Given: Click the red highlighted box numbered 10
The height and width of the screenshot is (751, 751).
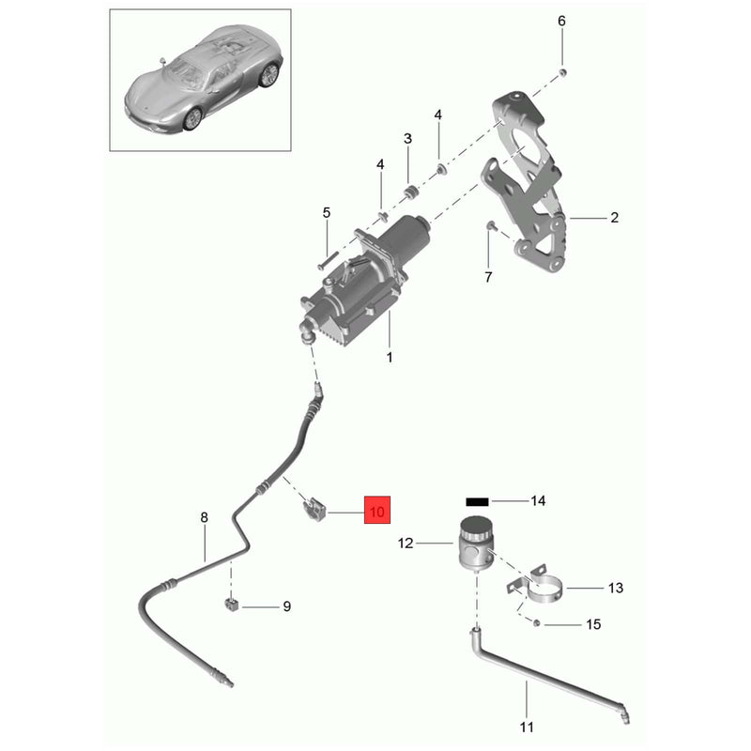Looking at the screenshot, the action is pyautogui.click(x=377, y=510).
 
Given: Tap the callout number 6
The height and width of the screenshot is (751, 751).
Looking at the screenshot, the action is pyautogui.click(x=561, y=21).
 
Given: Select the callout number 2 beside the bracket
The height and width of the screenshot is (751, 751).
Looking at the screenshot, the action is pyautogui.click(x=615, y=218).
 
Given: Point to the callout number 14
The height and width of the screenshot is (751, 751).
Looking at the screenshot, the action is pyautogui.click(x=538, y=501).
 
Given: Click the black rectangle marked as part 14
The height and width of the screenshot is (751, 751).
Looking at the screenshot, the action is pyautogui.click(x=477, y=501).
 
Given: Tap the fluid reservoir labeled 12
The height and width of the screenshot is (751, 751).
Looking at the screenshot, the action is pyautogui.click(x=473, y=543).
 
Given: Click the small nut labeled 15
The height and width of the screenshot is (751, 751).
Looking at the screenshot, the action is pyautogui.click(x=536, y=623).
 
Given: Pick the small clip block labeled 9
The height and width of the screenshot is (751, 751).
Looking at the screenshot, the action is pyautogui.click(x=231, y=605).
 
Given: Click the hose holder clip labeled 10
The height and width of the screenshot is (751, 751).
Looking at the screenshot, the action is pyautogui.click(x=314, y=509).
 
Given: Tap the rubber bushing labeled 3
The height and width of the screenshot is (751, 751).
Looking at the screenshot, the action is pyautogui.click(x=410, y=192).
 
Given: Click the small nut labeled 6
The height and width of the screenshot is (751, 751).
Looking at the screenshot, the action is pyautogui.click(x=563, y=72).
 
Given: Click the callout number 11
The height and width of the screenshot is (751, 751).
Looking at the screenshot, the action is pyautogui.click(x=527, y=727).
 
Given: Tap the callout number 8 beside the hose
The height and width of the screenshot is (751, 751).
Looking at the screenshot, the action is pyautogui.click(x=205, y=517).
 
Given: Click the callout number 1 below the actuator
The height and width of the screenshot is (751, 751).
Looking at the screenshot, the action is pyautogui.click(x=390, y=358).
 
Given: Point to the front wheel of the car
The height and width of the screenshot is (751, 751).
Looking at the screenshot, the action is pyautogui.click(x=192, y=119).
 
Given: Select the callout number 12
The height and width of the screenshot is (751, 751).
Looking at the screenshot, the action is pyautogui.click(x=406, y=544).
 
